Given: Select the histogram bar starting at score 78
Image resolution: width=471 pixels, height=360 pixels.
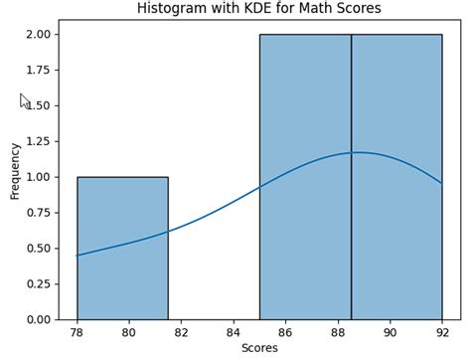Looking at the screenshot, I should (122, 248).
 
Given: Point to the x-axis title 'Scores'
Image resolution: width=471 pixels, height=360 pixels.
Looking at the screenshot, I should (259, 348).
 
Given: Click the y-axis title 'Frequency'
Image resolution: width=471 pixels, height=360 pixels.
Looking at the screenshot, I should (15, 170).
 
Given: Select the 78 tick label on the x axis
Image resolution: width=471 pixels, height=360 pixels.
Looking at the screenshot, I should (77, 332).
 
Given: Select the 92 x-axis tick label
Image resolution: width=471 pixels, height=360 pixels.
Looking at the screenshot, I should (441, 332).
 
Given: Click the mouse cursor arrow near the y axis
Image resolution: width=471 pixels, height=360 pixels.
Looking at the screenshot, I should (25, 100).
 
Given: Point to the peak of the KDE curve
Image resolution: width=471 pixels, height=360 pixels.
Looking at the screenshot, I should (356, 152).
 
